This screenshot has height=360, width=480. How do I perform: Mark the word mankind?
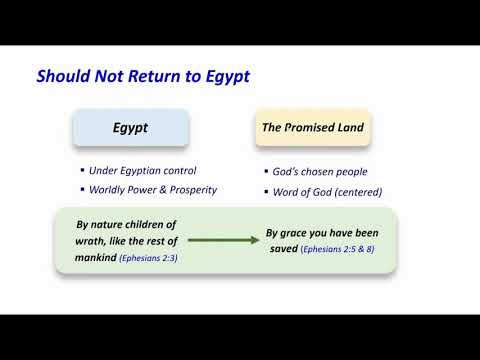[93, 257]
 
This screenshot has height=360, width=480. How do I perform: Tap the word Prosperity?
[188, 189]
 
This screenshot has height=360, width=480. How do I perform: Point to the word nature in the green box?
[109, 225]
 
